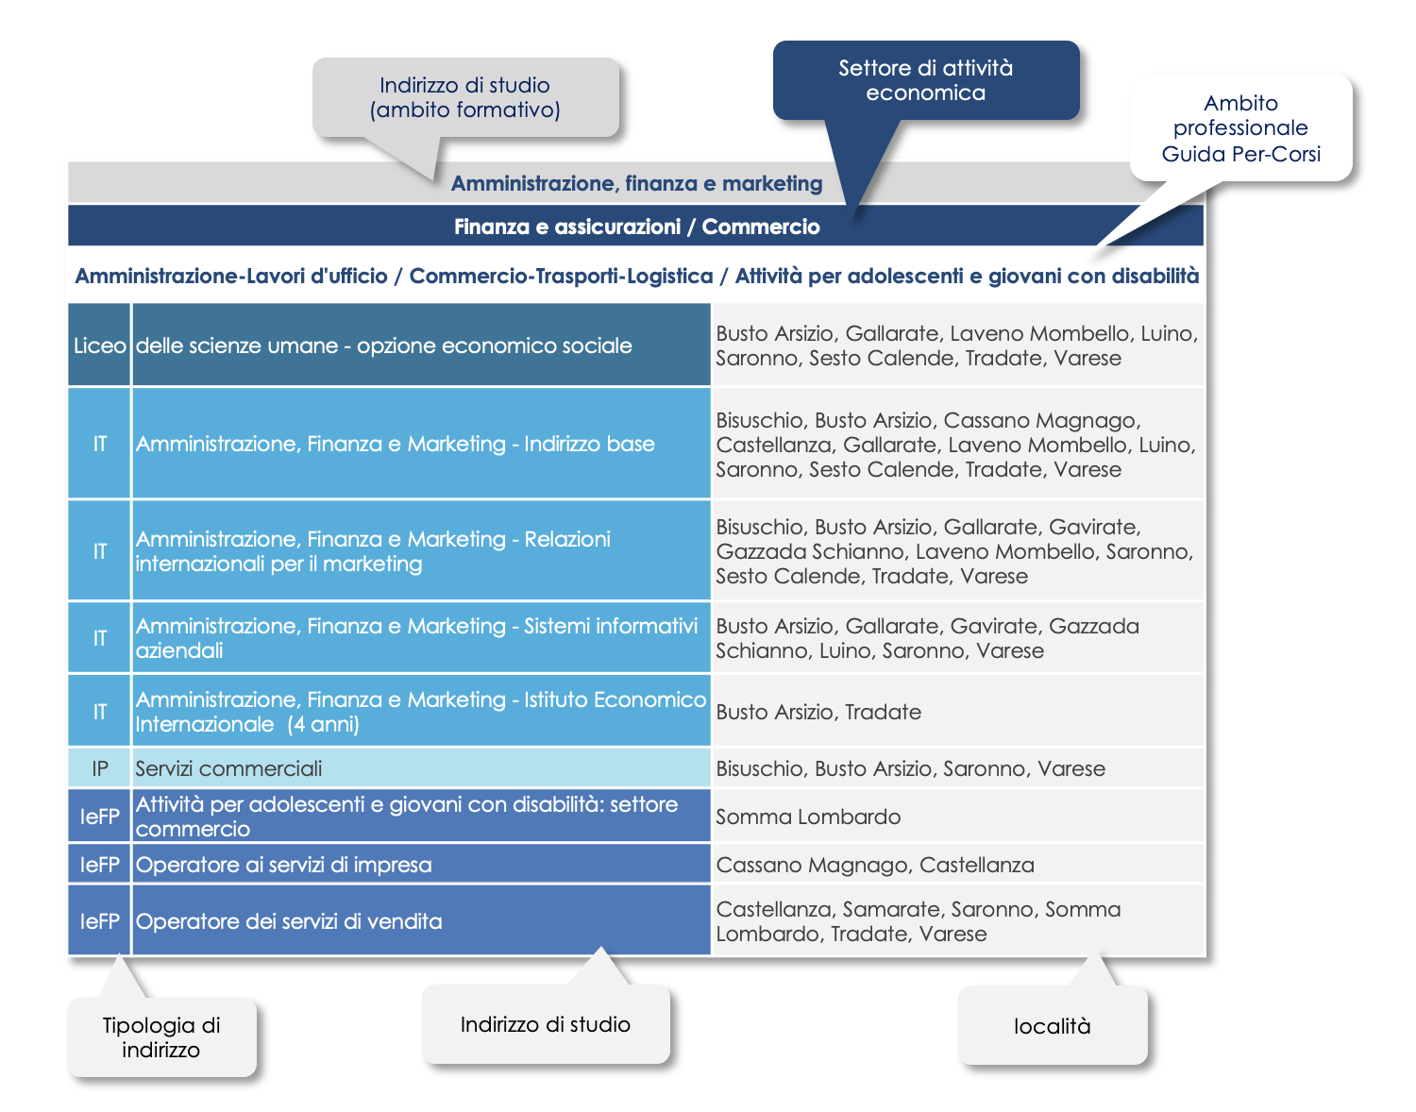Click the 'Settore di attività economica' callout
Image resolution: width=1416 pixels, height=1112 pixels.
[925, 80]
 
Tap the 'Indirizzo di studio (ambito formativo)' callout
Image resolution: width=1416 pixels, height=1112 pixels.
[465, 98]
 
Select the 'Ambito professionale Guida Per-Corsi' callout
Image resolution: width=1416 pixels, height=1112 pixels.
[1240, 127]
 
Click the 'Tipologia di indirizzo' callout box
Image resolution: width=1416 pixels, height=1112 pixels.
[161, 1037]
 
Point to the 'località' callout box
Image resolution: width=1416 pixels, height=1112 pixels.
[1053, 1026]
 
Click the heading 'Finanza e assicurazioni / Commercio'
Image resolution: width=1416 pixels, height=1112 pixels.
[636, 226]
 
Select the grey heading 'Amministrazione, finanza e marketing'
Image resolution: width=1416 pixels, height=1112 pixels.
[636, 183]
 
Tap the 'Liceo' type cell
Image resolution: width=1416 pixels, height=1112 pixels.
[99, 345]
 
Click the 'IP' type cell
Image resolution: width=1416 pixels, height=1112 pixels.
[99, 768]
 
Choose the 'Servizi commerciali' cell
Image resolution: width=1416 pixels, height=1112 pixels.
[421, 768]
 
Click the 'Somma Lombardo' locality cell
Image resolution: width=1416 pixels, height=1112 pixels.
[958, 817]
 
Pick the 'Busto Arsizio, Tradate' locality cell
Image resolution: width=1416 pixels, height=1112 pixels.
[958, 712]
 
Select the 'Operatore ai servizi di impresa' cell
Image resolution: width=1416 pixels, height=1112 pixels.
[421, 865]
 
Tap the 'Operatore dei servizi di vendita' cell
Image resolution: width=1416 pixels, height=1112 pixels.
[421, 921]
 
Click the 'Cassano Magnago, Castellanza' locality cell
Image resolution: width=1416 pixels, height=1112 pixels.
[958, 865]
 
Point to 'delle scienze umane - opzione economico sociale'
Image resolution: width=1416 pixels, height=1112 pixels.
[384, 345]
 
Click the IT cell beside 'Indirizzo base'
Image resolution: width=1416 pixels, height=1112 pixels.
[99, 444]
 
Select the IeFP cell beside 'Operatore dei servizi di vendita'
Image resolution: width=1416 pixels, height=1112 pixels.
[99, 921]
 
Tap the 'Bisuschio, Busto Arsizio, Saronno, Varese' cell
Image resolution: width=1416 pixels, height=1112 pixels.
[958, 768]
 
